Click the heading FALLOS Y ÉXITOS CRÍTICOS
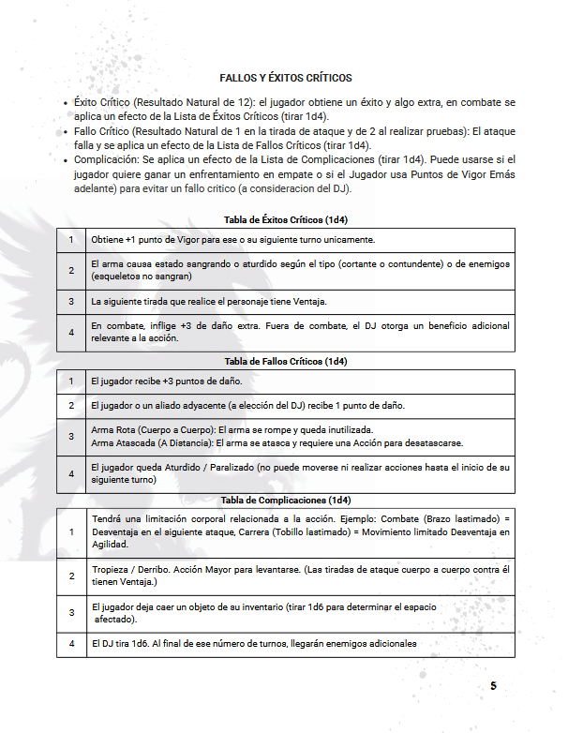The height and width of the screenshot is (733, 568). click(285, 77)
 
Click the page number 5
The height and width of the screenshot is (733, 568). click(493, 686)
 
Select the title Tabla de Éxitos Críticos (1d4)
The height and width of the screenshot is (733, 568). click(285, 220)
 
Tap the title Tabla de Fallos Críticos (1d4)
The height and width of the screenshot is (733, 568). click(285, 361)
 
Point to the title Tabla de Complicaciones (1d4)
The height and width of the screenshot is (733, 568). click(285, 500)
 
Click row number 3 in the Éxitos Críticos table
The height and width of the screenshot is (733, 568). click(71, 302)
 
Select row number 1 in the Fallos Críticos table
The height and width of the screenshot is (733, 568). click(71, 381)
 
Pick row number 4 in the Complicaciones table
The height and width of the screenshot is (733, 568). click(71, 644)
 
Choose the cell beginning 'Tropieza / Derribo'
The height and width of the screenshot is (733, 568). click(300, 576)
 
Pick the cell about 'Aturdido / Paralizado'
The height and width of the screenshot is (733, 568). click(300, 472)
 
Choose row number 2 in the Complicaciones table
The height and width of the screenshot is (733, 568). click(71, 576)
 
